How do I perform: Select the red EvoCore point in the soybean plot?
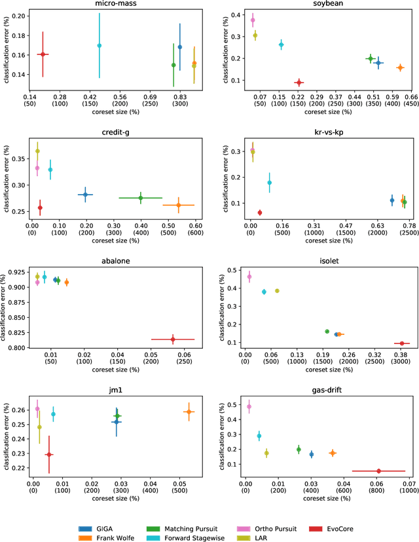[299, 83]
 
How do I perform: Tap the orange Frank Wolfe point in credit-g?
[179, 205]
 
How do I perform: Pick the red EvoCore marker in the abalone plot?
[173, 339]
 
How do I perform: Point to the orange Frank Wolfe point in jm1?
[189, 412]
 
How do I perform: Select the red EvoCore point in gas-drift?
[378, 471]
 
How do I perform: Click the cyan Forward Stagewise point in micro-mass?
[100, 45]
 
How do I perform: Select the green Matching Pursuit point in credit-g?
[140, 197]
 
